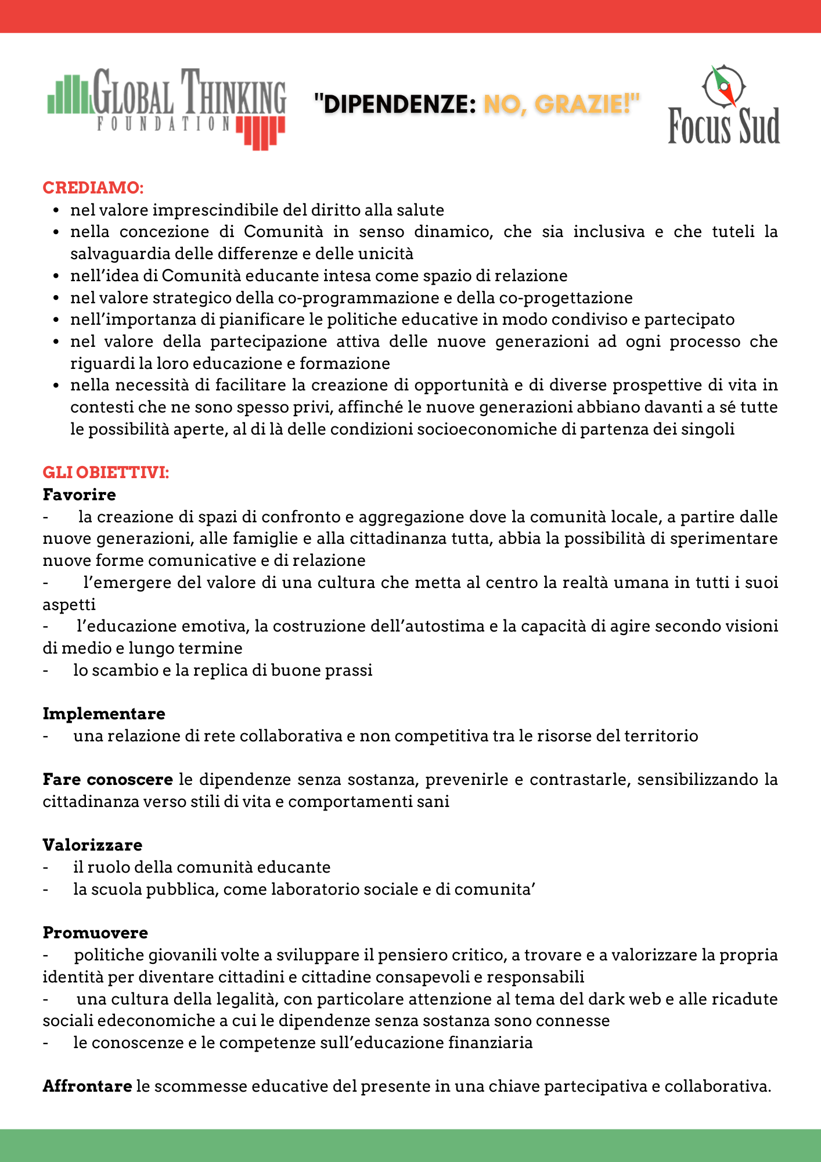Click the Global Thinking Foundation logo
click(167, 108)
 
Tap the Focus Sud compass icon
click(723, 86)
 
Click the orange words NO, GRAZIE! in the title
click(561, 105)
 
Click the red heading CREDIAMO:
click(93, 188)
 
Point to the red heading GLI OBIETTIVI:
click(106, 472)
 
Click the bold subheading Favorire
click(80, 494)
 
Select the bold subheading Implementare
click(104, 713)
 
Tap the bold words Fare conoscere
click(108, 779)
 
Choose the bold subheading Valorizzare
click(92, 845)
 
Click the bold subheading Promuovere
click(95, 933)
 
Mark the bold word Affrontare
click(87, 1086)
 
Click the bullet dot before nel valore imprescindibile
click(56, 210)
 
